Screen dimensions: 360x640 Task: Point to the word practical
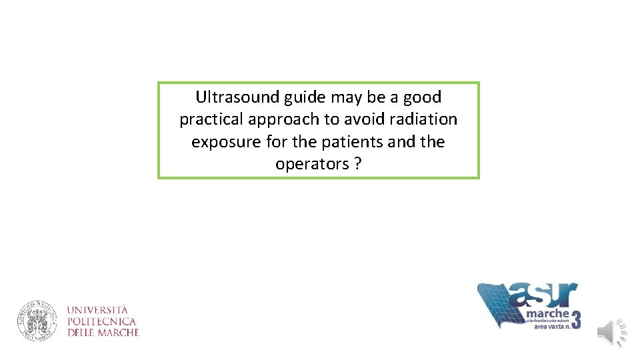click(x=213, y=120)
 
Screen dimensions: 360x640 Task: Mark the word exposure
click(x=223, y=143)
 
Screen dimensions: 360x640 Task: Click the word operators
click(x=312, y=165)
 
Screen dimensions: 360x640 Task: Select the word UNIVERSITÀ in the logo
click(x=97, y=310)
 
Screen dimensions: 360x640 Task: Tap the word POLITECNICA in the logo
click(x=102, y=321)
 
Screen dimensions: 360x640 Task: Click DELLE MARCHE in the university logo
click(x=103, y=332)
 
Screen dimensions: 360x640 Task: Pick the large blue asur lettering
click(x=543, y=295)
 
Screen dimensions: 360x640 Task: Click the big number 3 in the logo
click(x=575, y=318)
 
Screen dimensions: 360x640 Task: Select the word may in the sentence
click(x=347, y=98)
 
